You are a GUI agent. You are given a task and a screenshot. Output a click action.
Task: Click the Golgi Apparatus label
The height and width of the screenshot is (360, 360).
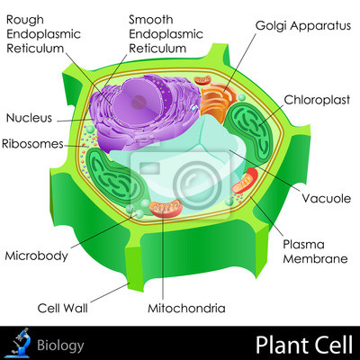pos(303,26)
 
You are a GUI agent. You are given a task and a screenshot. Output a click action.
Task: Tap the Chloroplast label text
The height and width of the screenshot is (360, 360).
pos(317,100)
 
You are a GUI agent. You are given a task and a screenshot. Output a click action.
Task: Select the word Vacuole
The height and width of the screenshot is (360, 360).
pos(327,198)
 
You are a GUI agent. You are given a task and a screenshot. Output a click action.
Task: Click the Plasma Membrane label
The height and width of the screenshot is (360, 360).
pos(315,252)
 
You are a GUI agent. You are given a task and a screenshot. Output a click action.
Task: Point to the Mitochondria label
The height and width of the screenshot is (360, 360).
pos(186,308)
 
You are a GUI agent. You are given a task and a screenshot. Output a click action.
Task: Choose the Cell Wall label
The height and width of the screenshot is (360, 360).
pos(63,308)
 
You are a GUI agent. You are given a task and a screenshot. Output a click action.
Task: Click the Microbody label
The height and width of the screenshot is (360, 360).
pos(37,256)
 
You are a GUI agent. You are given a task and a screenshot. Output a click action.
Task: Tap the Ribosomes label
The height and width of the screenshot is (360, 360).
pos(32,144)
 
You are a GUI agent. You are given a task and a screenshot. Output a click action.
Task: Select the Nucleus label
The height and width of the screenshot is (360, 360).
pos(29,118)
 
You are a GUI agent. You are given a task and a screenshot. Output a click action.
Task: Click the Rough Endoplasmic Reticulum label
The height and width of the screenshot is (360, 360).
pos(43,34)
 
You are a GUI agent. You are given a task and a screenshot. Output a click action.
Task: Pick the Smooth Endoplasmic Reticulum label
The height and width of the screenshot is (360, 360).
pos(166,34)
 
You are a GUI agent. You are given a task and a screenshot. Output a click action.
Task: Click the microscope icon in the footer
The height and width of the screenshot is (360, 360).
pos(21,343)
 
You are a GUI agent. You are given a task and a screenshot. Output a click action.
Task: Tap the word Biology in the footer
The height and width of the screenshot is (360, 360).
pos(60,346)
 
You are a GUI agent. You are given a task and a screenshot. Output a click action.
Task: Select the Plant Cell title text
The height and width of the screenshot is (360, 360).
pos(304,345)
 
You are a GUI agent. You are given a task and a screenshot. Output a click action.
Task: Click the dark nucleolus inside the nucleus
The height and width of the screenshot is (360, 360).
pos(139,102)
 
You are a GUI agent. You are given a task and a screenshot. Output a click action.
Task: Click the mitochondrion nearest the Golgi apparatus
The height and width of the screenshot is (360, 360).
pos(202,81)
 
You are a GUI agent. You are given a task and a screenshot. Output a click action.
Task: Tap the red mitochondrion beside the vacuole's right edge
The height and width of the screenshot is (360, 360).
pos(245,181)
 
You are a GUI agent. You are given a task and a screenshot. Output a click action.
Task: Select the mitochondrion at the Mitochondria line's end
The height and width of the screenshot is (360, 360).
pos(166,208)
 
